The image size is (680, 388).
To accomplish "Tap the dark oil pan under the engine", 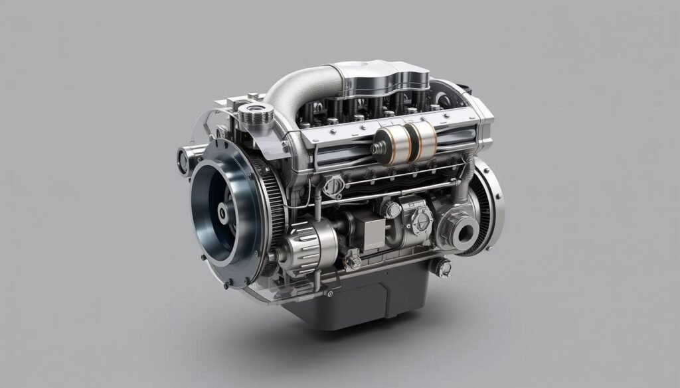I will tap(359, 298).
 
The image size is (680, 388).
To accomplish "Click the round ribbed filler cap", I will tap(256, 115).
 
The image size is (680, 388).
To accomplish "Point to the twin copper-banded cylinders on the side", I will tap(405, 143).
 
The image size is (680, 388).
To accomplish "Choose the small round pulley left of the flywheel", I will tap(184, 160).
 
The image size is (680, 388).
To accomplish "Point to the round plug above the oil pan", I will tap(441, 267).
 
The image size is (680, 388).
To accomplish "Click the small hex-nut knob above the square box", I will tap(390, 210).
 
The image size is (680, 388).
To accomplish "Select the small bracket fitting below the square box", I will tap(352, 260).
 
